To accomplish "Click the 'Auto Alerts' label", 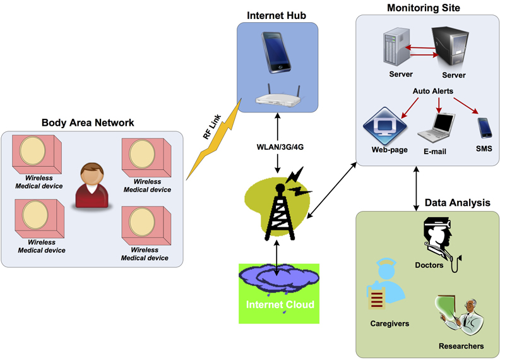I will pos(432,91).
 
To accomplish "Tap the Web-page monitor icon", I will pos(384,126).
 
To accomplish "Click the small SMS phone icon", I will pos(484,128).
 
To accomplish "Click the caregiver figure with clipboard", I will pos(384,288).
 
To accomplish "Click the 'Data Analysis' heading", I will pos(457,203).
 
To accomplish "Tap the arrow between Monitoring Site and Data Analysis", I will pos(416,189).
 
